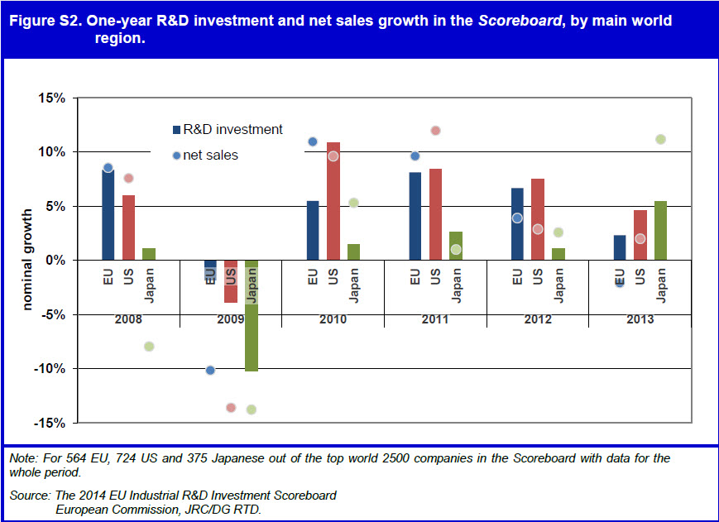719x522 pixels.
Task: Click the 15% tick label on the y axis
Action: [52, 98]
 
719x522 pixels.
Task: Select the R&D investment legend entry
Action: [228, 130]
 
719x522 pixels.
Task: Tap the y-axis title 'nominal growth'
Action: [27, 260]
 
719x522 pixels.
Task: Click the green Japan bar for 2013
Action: [660, 231]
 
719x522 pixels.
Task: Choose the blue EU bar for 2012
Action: [517, 224]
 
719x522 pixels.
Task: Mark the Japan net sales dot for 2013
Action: [660, 139]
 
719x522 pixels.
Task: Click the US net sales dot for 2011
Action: [436, 131]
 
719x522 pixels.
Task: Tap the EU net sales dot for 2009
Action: [210, 370]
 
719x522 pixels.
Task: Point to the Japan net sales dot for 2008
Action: [149, 346]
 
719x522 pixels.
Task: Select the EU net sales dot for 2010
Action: [313, 141]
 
